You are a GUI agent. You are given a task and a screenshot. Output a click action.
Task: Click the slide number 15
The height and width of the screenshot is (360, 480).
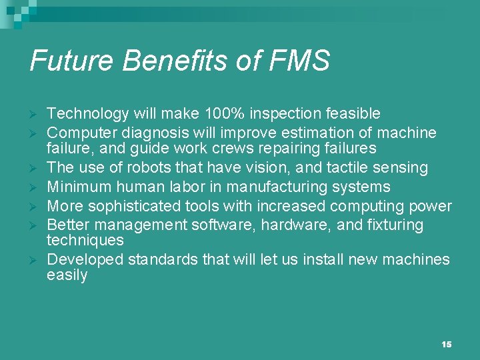[447, 344]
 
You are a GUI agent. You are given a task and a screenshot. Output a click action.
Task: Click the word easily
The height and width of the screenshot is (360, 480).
[67, 275]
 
